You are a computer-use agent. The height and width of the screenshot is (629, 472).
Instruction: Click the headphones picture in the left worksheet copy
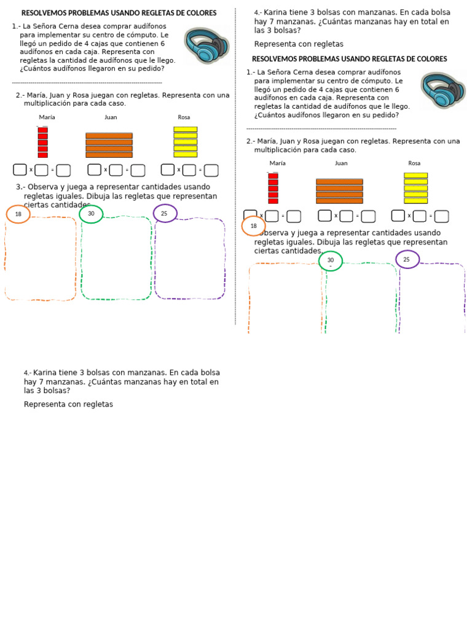pyautogui.click(x=206, y=45)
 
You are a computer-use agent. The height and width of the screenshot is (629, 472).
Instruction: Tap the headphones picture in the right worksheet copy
pyautogui.click(x=443, y=91)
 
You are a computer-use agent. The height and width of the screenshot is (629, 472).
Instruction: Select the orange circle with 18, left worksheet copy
pyautogui.click(x=18, y=214)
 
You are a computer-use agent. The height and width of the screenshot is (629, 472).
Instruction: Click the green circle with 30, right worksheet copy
pyautogui.click(x=331, y=260)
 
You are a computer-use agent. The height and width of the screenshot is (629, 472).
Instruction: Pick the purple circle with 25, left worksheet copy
pyautogui.click(x=165, y=213)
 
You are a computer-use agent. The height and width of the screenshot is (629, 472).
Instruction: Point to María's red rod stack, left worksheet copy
pyautogui.click(x=42, y=142)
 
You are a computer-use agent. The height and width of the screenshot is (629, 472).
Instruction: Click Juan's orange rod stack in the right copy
pyautogui.click(x=339, y=190)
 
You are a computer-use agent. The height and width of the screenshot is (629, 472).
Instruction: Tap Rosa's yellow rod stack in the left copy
pyautogui.click(x=185, y=142)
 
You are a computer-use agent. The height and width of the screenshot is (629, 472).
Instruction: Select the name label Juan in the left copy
pyautogui.click(x=111, y=117)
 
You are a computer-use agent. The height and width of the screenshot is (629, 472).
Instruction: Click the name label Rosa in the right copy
pyautogui.click(x=414, y=163)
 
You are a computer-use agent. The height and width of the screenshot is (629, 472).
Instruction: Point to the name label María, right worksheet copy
pyautogui.click(x=277, y=163)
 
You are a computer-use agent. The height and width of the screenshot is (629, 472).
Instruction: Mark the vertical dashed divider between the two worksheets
pyautogui.click(x=235, y=166)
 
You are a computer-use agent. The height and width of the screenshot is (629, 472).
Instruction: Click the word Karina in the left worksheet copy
pyautogui.click(x=45, y=372)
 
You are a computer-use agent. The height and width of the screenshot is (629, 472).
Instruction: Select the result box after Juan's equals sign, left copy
pyautogui.click(x=138, y=170)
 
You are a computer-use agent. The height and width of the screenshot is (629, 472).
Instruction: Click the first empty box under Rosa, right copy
pyautogui.click(x=398, y=216)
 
